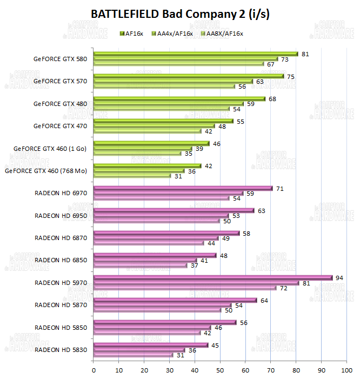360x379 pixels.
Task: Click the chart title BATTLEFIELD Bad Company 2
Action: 180,14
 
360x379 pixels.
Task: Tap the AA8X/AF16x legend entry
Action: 222,34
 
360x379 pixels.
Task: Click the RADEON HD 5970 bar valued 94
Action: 213,278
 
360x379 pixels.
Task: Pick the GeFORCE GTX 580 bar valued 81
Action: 196,54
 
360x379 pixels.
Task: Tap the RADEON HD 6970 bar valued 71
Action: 183,188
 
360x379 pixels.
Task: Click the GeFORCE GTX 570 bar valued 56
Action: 164,86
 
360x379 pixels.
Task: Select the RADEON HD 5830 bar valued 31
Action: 133,355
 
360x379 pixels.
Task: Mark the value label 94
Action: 339,278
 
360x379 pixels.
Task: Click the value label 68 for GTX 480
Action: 272,99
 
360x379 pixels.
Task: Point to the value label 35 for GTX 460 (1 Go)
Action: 189,154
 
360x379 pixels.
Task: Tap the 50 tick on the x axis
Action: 220,370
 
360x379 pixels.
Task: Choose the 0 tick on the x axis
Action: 94,370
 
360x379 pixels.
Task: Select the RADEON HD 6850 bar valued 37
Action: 141,265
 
